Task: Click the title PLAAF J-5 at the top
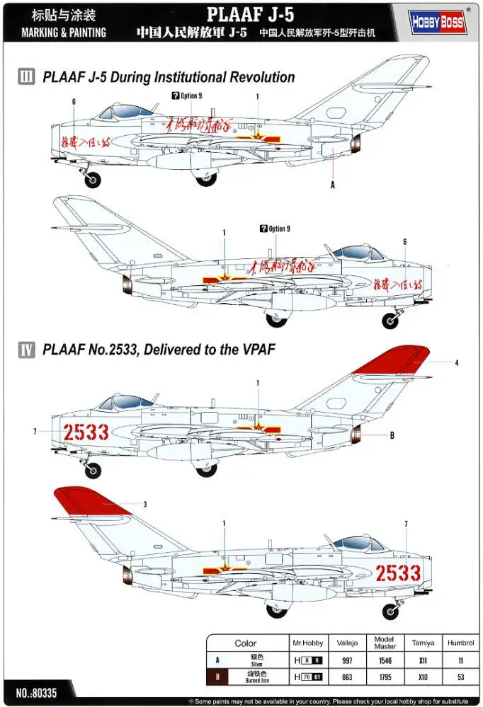click(x=241, y=13)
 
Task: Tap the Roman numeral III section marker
click(x=25, y=77)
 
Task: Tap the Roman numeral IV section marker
click(x=25, y=348)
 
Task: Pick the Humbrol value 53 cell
click(x=457, y=677)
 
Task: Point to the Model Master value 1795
click(x=384, y=677)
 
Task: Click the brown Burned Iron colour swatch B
click(x=217, y=677)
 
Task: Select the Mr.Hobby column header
click(x=307, y=643)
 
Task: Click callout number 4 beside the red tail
click(x=457, y=362)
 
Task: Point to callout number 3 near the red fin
click(x=144, y=505)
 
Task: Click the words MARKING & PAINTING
click(x=64, y=33)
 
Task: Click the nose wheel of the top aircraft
click(x=93, y=180)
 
